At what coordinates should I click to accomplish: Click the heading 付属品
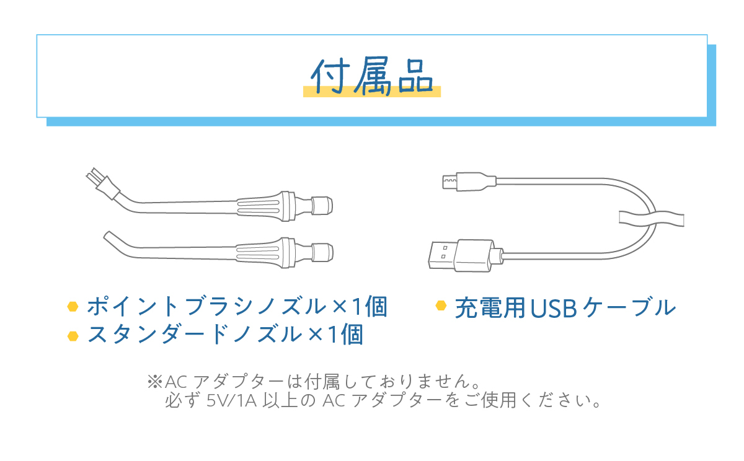372,76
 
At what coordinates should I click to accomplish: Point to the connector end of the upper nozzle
322,204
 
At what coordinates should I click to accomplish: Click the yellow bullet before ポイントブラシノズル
73,307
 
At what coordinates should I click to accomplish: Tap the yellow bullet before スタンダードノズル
73,335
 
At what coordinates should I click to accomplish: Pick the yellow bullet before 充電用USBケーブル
441,305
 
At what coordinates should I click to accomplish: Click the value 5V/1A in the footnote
230,401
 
